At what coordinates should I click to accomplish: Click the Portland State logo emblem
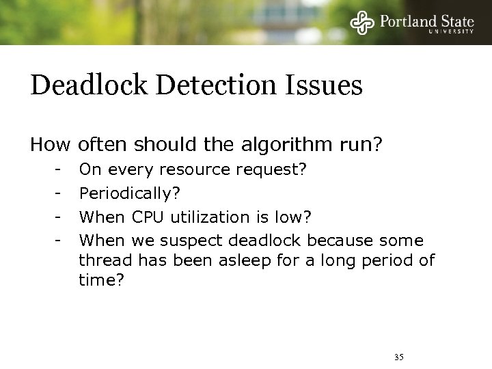click(x=362, y=23)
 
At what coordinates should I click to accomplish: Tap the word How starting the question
click(x=51, y=145)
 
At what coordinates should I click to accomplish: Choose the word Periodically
click(x=130, y=195)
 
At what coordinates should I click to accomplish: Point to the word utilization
click(x=207, y=217)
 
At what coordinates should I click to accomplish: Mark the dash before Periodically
click(x=60, y=194)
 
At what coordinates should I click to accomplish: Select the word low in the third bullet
click(x=292, y=217)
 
